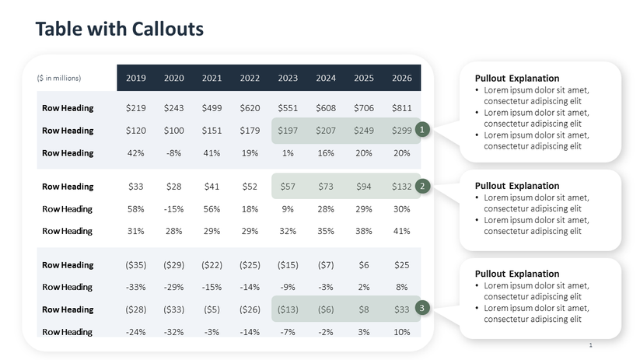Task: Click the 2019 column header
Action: (136, 78)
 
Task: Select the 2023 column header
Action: (288, 78)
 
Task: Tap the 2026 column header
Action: (402, 78)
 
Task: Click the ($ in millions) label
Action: (59, 78)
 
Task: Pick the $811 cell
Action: (402, 108)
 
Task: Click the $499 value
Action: (212, 108)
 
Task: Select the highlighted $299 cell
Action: (402, 131)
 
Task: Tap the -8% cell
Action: (173, 153)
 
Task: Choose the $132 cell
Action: (402, 187)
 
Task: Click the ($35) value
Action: (136, 265)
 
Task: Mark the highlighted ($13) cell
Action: (288, 309)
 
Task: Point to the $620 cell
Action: (250, 108)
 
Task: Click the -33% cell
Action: (136, 287)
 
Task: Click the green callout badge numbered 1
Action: (421, 130)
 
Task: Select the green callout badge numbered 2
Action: (421, 186)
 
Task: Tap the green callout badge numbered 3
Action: (421, 309)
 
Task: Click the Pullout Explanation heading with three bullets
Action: (516, 79)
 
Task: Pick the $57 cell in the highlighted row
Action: (288, 187)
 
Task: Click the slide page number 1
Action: (591, 344)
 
